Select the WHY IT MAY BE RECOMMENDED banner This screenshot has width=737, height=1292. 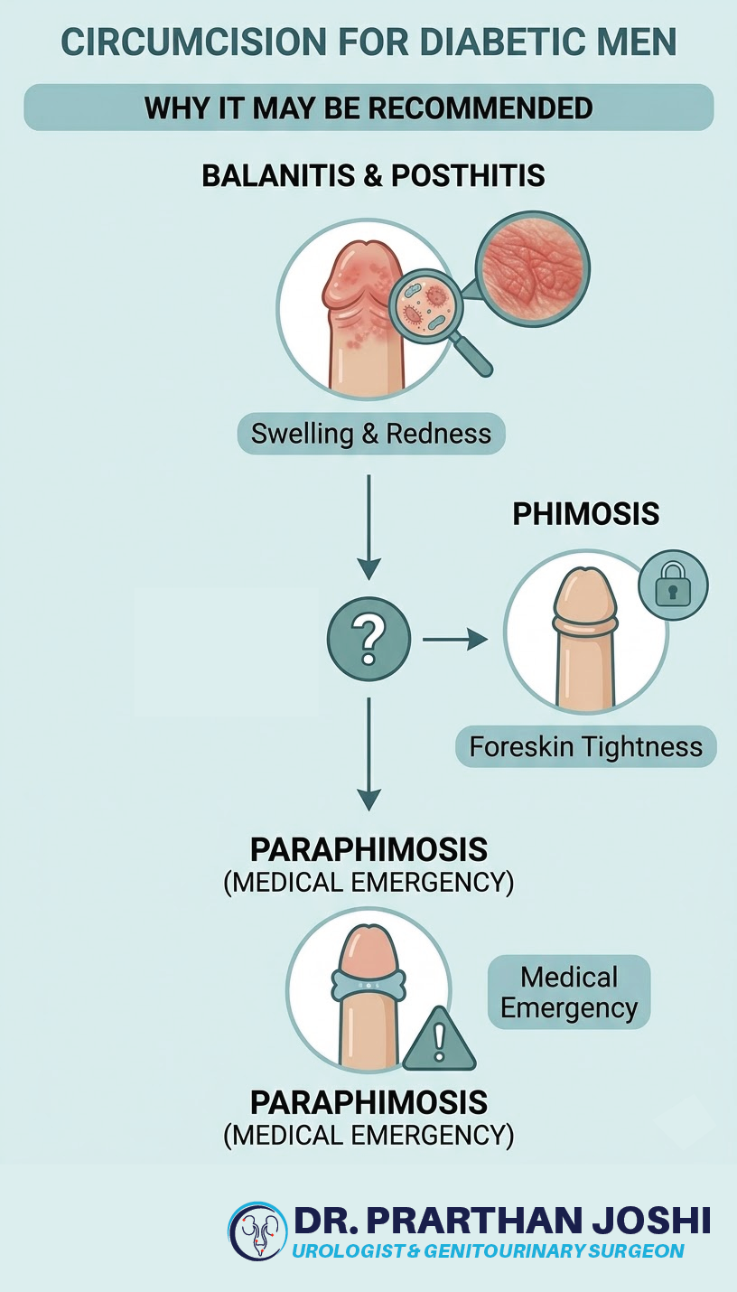click(x=368, y=108)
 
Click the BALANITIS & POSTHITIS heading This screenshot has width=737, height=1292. click(x=373, y=175)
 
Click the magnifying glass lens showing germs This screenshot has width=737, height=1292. click(x=424, y=307)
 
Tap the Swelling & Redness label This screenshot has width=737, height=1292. click(x=371, y=434)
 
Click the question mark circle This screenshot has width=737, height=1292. click(x=368, y=639)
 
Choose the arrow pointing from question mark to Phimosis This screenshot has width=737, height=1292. click(x=454, y=640)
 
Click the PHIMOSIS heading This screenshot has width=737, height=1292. click(x=586, y=514)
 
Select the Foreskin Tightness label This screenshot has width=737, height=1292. click(x=585, y=747)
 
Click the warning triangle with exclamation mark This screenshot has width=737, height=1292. click(x=439, y=1042)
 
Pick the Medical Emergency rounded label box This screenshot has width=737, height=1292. click(x=569, y=992)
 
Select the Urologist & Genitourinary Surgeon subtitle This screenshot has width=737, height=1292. click(x=488, y=1251)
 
